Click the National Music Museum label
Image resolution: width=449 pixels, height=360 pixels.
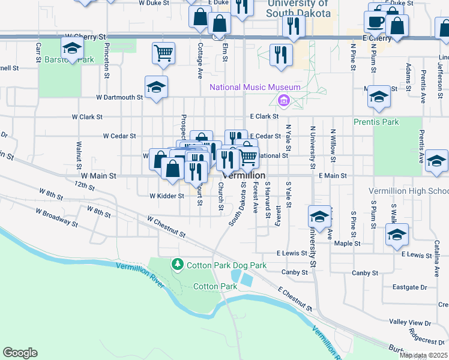click(x=255, y=88)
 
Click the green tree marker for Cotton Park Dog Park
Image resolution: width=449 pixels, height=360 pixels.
click(x=177, y=264)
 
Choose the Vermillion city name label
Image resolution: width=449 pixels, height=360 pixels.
click(x=244, y=175)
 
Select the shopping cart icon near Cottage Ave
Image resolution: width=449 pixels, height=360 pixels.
click(x=163, y=53)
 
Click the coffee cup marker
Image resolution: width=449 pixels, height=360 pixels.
click(x=375, y=22)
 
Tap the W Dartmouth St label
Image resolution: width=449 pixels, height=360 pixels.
click(x=119, y=97)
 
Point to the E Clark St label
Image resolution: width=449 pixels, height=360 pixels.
click(x=265, y=116)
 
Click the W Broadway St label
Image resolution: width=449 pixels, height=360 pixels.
click(x=56, y=218)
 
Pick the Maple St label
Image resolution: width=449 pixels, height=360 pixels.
click(x=347, y=244)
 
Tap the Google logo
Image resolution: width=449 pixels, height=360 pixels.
click(x=20, y=353)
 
